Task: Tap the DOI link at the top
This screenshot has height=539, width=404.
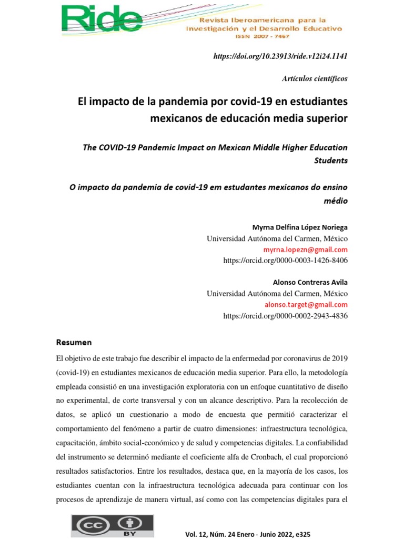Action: pyautogui.click(x=280, y=56)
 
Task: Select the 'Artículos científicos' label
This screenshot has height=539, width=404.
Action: pyautogui.click(x=315, y=78)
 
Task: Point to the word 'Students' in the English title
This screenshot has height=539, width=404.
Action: pyautogui.click(x=331, y=161)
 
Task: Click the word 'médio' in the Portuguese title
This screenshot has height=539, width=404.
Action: pyautogui.click(x=337, y=201)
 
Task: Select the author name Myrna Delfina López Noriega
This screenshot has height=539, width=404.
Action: pyautogui.click(x=300, y=227)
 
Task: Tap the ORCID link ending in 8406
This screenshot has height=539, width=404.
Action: pyautogui.click(x=285, y=260)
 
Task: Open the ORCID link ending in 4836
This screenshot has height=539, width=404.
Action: pyautogui.click(x=285, y=315)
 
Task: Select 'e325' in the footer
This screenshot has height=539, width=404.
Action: pyautogui.click(x=301, y=534)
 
